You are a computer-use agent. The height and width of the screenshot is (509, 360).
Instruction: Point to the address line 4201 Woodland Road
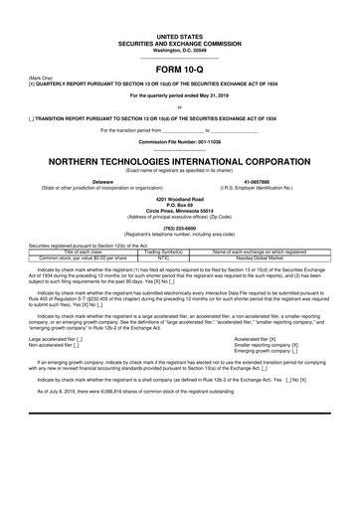(x=179, y=200)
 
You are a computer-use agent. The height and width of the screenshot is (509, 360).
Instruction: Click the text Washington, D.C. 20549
(x=179, y=22)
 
